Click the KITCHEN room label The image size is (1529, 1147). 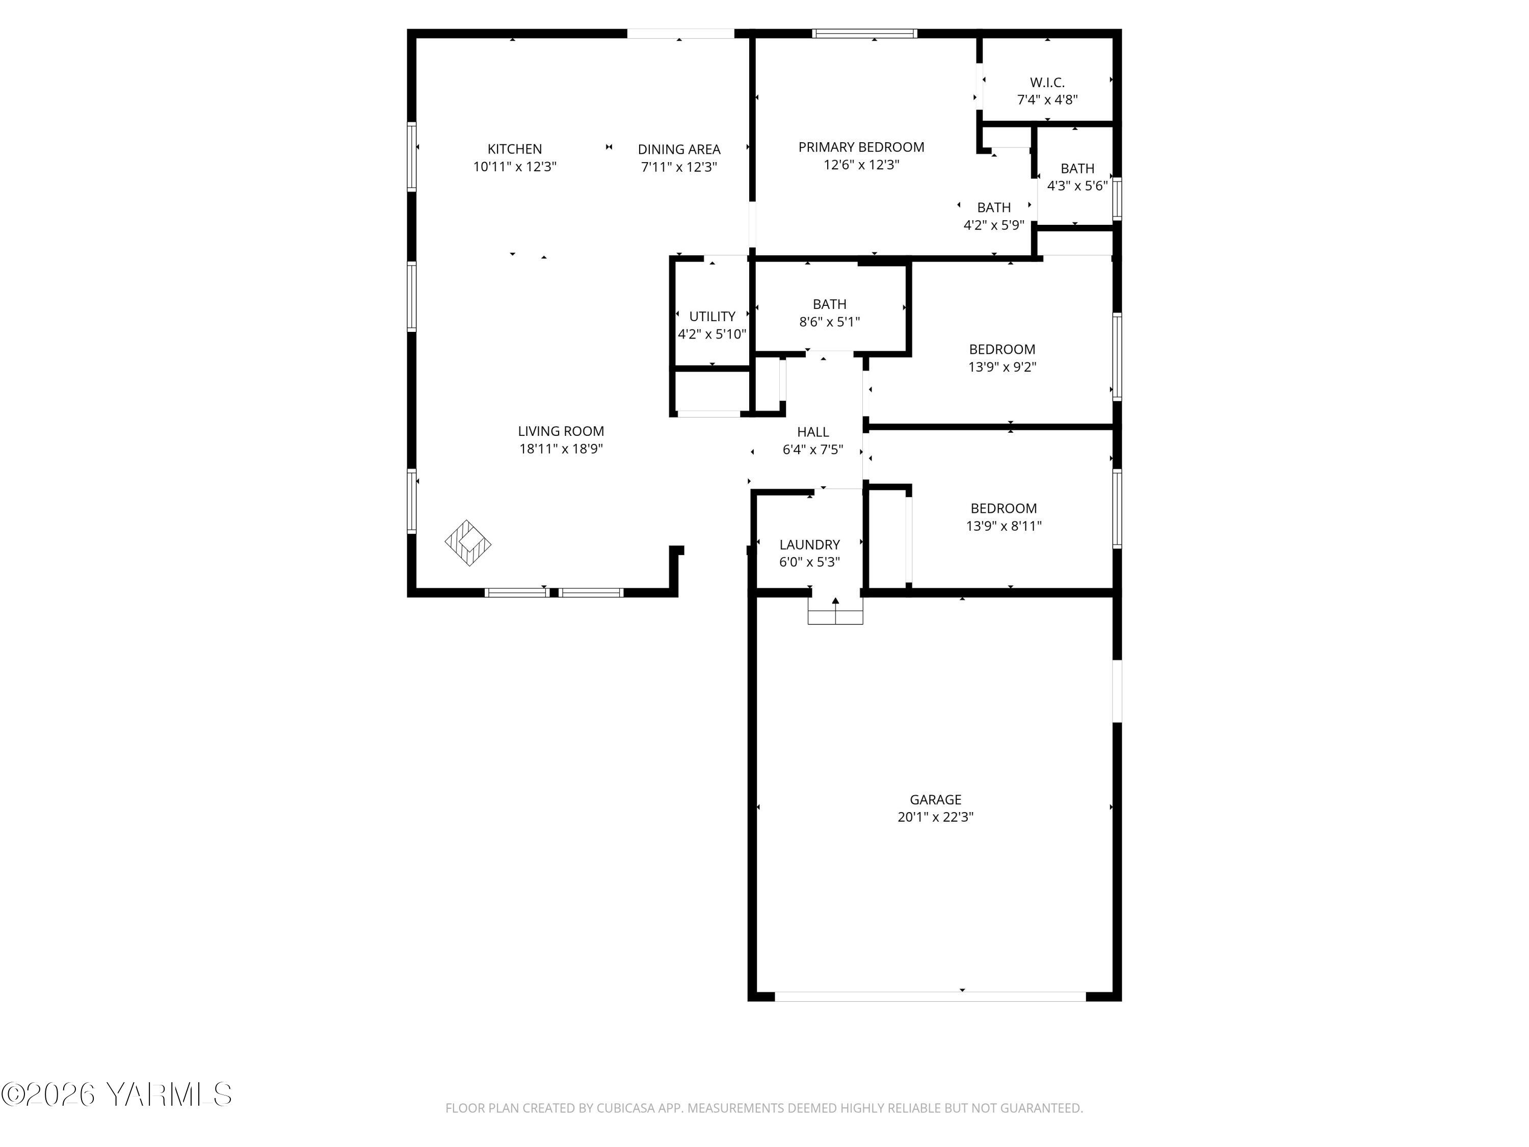point(514,149)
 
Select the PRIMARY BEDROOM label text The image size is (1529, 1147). point(861,147)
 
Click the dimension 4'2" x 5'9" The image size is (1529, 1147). point(993,225)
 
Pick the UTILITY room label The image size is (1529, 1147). point(711,317)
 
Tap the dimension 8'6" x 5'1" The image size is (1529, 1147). point(829,322)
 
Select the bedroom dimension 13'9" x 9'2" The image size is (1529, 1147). point(1001,367)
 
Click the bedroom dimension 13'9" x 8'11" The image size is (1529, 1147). point(1003,526)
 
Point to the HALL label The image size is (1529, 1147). point(812,432)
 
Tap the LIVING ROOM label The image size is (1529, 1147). point(561,431)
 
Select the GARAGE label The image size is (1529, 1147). point(935,799)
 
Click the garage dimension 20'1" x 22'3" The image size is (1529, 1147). point(935,817)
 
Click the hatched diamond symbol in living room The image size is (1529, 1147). point(468,543)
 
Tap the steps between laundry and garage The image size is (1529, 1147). point(835,611)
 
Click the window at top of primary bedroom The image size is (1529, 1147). point(864,33)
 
